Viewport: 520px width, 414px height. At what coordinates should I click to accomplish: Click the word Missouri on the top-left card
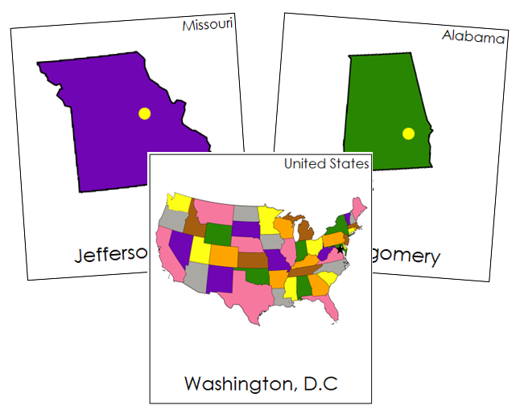coord(208,25)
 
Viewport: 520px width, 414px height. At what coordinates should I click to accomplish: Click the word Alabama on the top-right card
coord(473,37)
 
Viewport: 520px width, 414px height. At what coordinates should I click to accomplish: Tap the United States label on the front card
coord(326,164)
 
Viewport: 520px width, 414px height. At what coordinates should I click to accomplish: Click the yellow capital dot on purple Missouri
coord(144,113)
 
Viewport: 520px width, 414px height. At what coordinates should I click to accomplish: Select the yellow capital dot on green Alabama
coord(408,133)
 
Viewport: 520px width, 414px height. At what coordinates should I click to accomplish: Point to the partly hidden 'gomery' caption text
coord(407,257)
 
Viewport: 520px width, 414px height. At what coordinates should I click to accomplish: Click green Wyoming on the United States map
coord(217,233)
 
